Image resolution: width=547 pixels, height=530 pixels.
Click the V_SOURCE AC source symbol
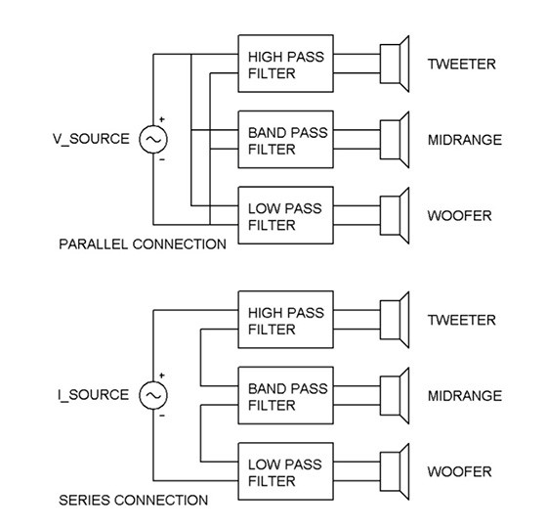point(153,140)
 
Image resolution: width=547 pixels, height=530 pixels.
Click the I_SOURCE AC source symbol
point(153,395)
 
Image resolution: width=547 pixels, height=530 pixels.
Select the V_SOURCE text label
point(91,139)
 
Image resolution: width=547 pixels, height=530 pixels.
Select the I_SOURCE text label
point(94,395)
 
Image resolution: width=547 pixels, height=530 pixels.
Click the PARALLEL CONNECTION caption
point(143,243)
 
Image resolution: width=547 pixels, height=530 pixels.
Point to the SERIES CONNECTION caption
point(134,500)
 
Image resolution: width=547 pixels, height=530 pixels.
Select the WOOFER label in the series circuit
point(459,471)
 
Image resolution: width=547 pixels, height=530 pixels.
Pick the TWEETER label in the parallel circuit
point(461,64)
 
